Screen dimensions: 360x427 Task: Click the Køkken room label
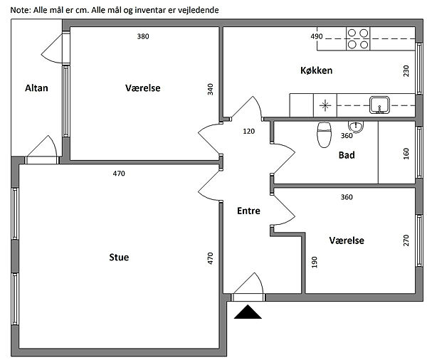[x=316, y=70]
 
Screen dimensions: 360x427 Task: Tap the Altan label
[x=36, y=88]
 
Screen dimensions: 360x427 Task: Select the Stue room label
[x=119, y=257]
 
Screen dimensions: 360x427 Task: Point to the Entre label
[x=249, y=211]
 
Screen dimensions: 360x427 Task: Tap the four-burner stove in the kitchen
[x=358, y=38]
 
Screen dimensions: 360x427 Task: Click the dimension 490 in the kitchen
[x=317, y=36]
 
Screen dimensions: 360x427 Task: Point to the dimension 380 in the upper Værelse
[x=143, y=36]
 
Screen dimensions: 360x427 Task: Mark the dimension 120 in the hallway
[x=248, y=131]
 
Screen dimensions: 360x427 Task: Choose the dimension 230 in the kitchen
[x=406, y=71]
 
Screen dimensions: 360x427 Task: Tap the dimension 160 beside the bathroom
[x=406, y=154]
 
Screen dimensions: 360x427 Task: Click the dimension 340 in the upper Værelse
[x=210, y=89]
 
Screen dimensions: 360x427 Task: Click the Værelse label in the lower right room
[x=347, y=240]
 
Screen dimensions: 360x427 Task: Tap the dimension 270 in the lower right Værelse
[x=406, y=240]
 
